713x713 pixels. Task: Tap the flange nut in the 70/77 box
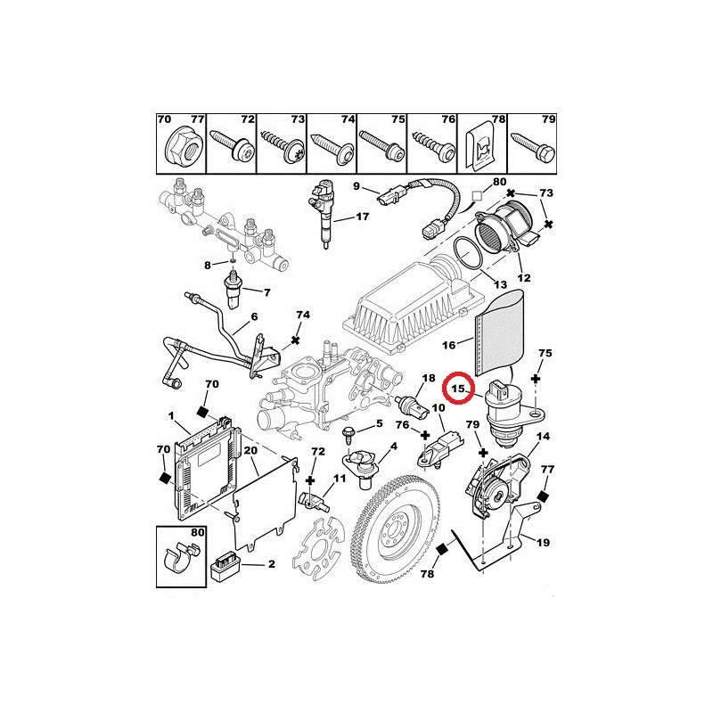coord(183,146)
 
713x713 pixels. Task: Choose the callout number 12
coord(524,278)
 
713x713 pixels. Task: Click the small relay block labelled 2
coord(226,568)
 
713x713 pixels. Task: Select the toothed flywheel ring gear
coord(396,533)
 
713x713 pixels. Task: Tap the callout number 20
coord(250,450)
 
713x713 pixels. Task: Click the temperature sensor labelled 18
coord(412,406)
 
